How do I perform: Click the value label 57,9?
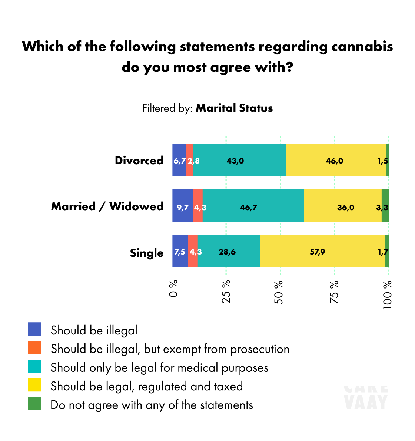(x=317, y=252)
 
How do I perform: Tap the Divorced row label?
(x=139, y=161)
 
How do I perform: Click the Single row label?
(x=146, y=253)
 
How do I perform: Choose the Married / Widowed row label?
(x=107, y=206)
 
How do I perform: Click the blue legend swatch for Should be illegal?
(x=35, y=329)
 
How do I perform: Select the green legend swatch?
(x=35, y=404)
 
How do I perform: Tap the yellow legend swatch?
(x=35, y=386)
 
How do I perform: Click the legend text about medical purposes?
(x=159, y=368)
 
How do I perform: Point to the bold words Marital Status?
(x=234, y=108)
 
